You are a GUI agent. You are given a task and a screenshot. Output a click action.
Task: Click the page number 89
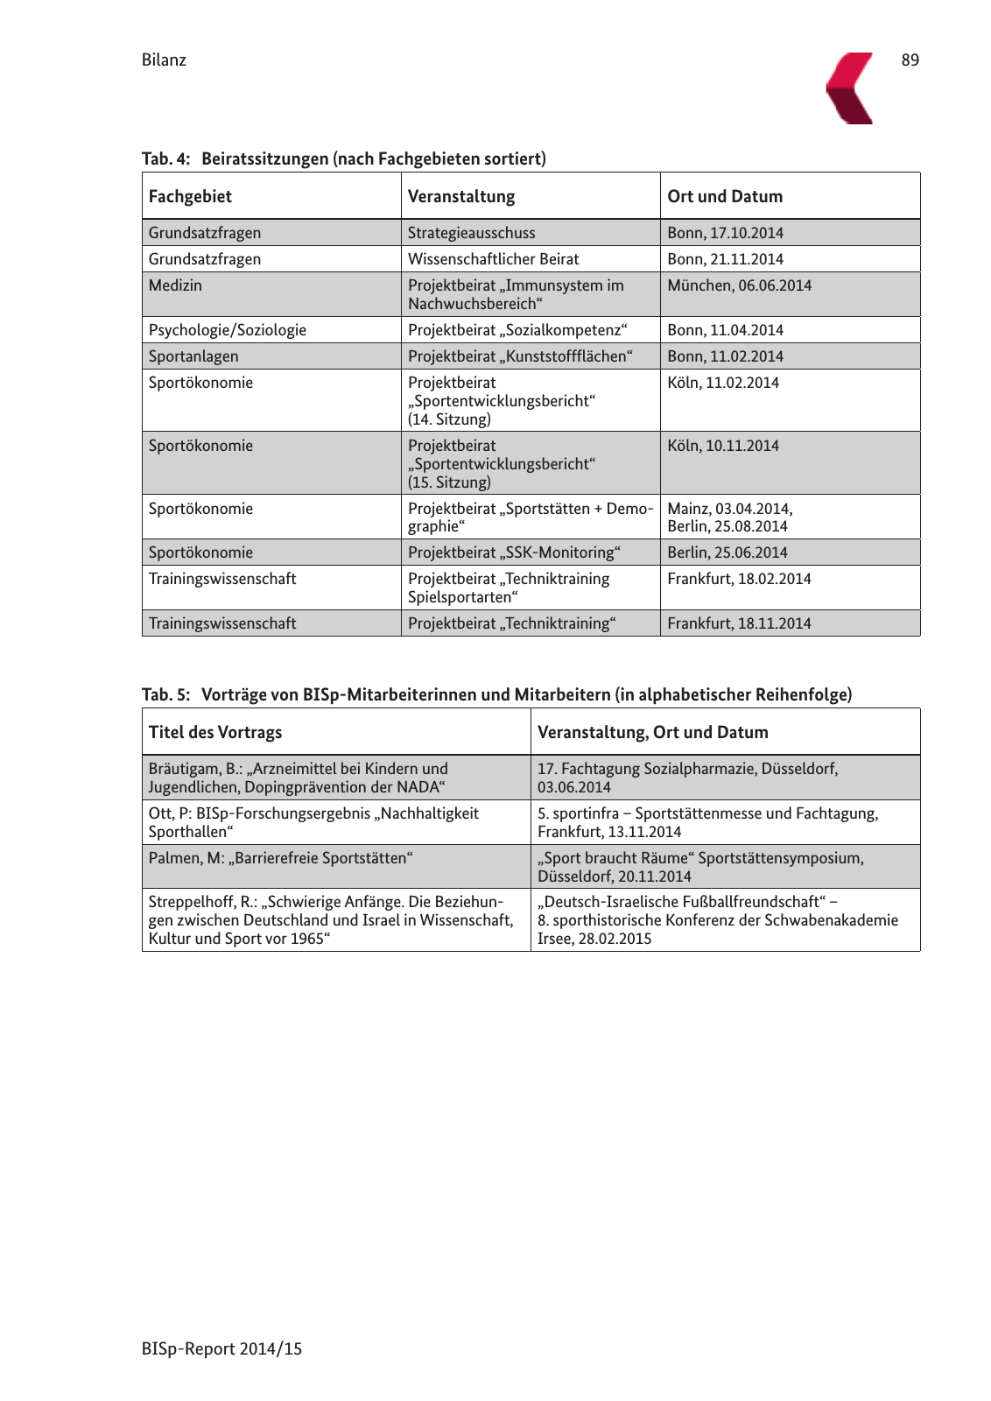pos(910,60)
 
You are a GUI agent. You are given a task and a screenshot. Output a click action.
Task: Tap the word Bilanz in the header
pos(164,60)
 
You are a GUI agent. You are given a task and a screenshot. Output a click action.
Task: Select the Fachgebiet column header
pos(190,196)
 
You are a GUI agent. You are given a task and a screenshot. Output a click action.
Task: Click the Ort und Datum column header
pos(725,196)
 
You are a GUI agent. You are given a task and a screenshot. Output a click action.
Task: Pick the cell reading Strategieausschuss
pos(471,233)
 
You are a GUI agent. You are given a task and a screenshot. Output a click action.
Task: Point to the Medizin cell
pos(175,285)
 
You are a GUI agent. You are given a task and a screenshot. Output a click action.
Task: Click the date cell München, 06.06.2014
pos(739,285)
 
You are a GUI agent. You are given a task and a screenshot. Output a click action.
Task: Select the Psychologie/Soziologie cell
pos(227,330)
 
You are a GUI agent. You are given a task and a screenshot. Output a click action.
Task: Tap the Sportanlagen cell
pos(193,356)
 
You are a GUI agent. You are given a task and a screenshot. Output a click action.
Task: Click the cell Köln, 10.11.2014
pos(722,446)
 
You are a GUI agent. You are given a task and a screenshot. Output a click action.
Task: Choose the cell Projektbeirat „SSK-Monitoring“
pos(514,553)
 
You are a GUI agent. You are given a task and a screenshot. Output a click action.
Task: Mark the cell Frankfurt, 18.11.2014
pos(739,623)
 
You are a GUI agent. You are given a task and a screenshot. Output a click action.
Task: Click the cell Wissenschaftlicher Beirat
pos(493,259)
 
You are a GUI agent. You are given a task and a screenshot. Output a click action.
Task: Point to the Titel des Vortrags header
pos(214,732)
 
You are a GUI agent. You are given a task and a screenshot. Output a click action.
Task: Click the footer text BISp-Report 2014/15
pos(221,1348)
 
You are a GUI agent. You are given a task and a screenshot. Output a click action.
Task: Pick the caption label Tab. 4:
pos(165,158)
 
